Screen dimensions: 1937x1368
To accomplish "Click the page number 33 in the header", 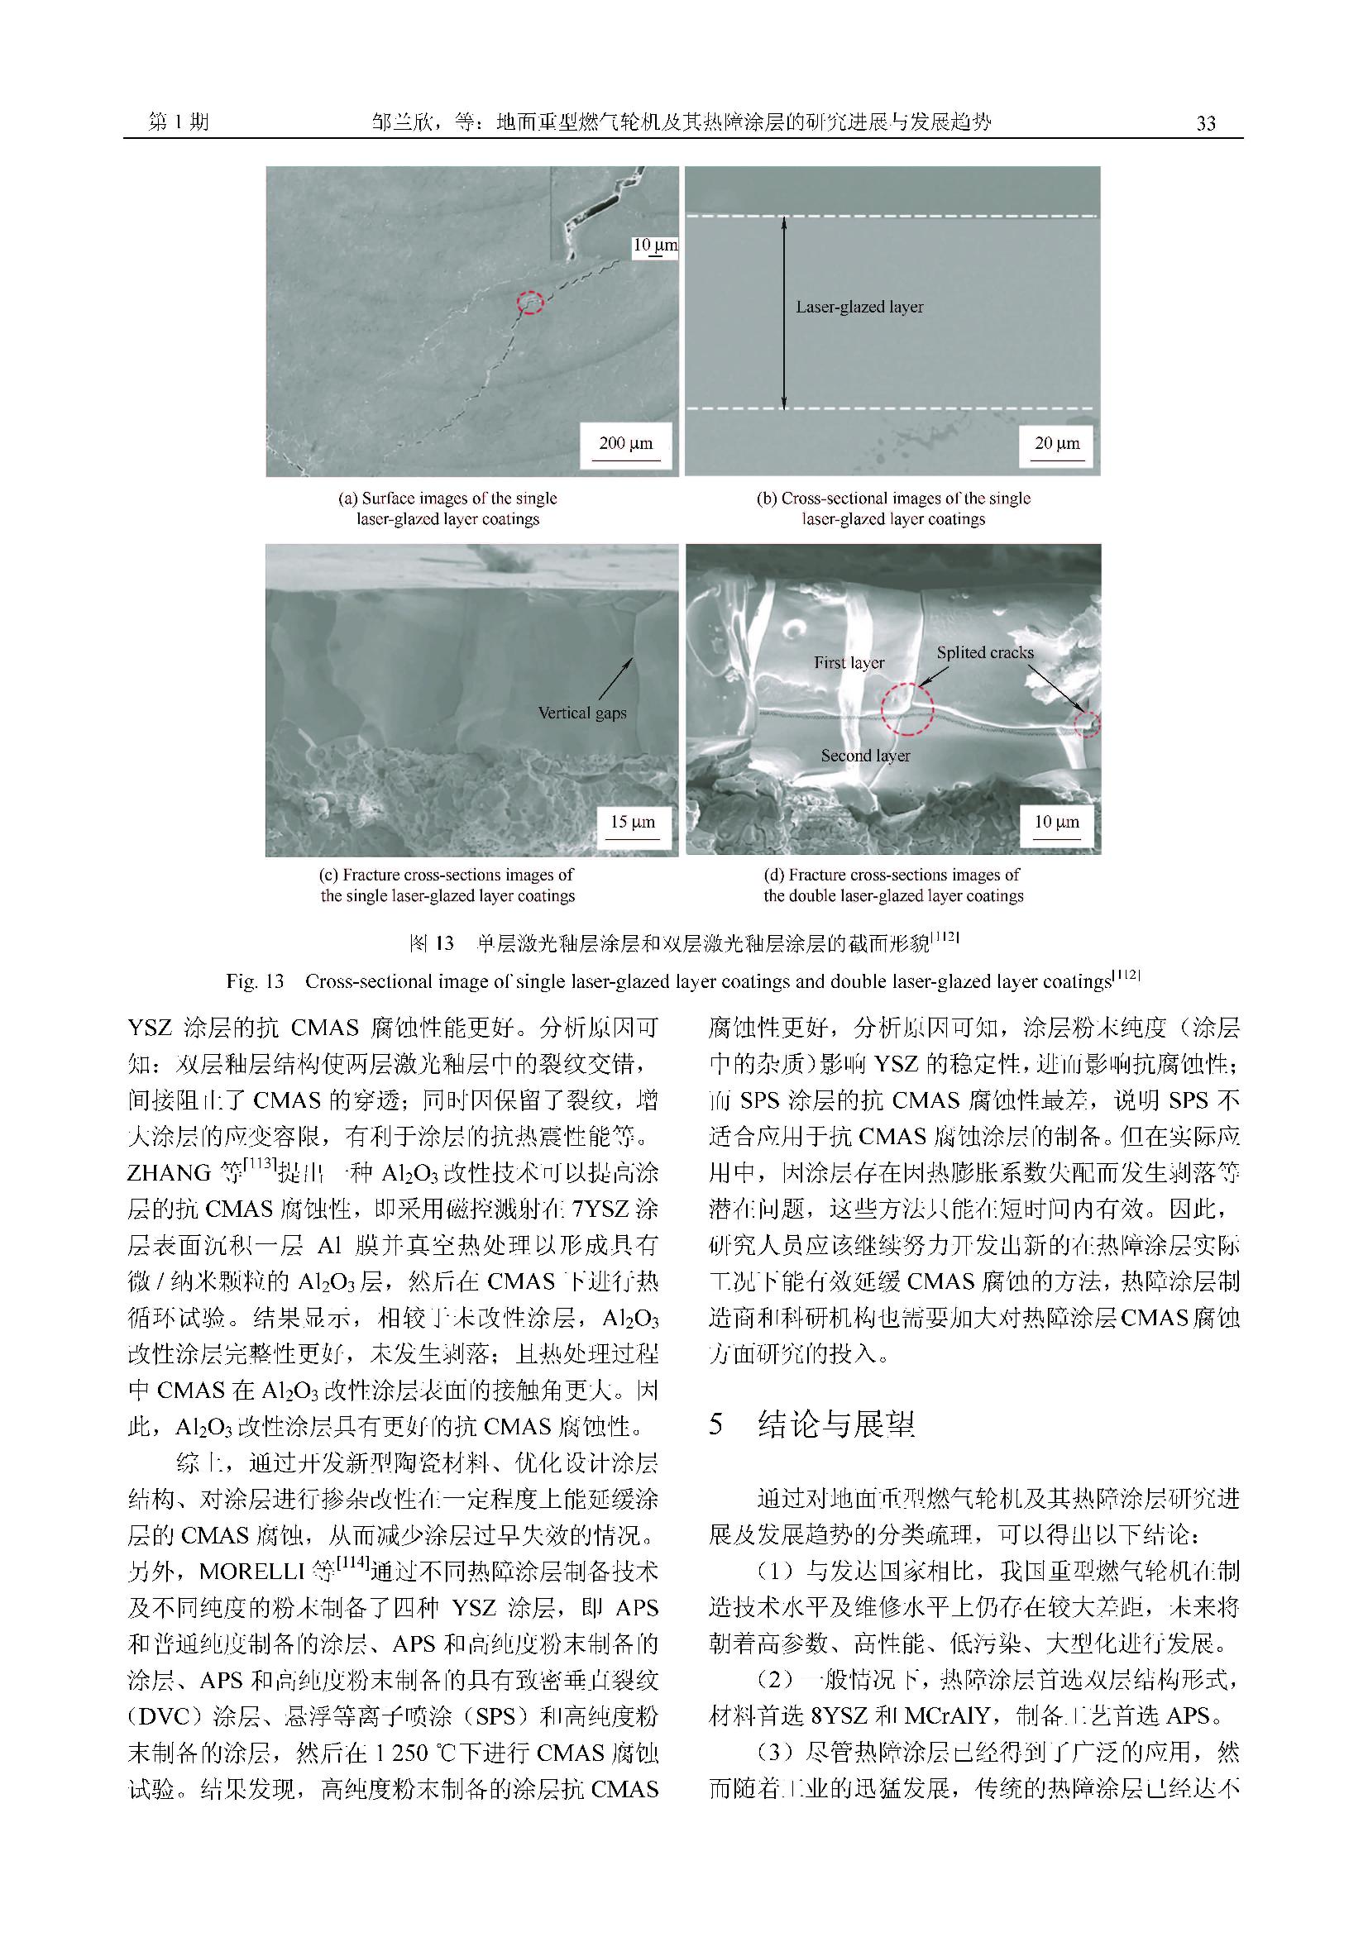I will tap(1206, 123).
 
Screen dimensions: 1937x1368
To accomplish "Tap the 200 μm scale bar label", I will tap(625, 444).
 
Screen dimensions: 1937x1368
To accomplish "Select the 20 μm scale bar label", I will tap(1056, 444).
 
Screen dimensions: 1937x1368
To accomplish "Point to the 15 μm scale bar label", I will tap(633, 822).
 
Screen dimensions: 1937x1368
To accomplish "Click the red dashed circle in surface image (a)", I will tap(530, 302).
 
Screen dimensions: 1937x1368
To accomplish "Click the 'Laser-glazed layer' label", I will tap(859, 307).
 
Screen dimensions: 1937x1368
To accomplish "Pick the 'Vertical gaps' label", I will tap(582, 713).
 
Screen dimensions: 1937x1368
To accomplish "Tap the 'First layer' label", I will tap(849, 663).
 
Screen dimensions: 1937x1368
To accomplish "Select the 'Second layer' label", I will tap(865, 756).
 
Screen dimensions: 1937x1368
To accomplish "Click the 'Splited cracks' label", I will tap(985, 652).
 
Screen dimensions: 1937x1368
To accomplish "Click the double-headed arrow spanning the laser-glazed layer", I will tap(785, 313).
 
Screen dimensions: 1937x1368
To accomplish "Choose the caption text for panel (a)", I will tap(447, 508).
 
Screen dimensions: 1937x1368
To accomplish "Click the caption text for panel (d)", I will tap(893, 885).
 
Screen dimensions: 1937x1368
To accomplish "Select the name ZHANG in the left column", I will tap(169, 1172).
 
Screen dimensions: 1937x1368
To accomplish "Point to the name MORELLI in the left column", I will tap(251, 1572).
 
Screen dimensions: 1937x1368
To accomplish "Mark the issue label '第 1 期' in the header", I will tap(178, 123).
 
